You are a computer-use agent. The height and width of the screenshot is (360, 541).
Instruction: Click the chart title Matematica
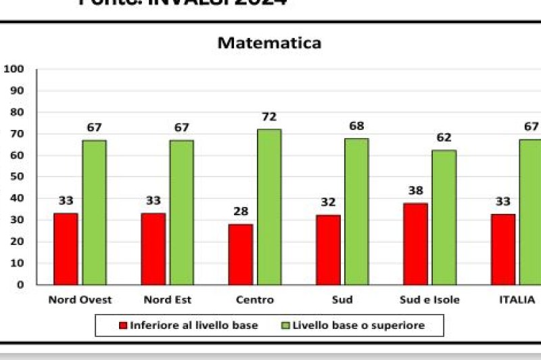click(269, 43)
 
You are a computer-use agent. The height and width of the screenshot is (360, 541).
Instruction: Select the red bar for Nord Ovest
click(66, 248)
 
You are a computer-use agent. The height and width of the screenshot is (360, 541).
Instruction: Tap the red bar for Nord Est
click(153, 248)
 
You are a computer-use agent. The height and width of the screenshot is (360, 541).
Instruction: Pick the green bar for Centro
click(269, 206)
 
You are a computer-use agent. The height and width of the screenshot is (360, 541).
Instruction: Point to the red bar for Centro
click(240, 254)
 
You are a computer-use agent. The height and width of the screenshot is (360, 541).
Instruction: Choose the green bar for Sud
click(356, 211)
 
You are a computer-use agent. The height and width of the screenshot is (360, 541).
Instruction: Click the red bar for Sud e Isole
click(415, 243)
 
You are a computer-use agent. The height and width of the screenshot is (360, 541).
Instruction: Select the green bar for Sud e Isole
click(444, 217)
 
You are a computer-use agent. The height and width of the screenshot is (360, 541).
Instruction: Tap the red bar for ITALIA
click(502, 248)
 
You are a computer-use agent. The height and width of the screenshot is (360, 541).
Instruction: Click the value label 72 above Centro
click(269, 117)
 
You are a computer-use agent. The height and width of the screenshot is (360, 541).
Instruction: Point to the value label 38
click(415, 191)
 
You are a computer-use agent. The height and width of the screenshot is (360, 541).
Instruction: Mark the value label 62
click(444, 138)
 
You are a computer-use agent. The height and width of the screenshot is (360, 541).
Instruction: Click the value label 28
click(240, 212)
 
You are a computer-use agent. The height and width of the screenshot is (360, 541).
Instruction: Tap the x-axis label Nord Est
click(167, 300)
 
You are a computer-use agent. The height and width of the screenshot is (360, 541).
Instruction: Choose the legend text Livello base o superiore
click(358, 325)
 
